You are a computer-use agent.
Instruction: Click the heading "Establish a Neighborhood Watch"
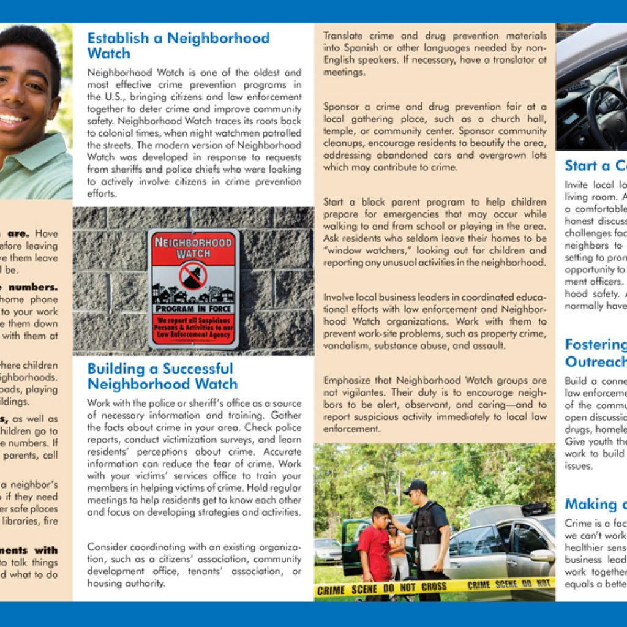[x=178, y=45]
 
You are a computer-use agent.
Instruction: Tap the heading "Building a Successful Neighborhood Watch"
[x=162, y=377]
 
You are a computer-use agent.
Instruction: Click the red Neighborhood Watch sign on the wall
[x=193, y=288]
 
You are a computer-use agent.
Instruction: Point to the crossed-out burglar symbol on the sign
[x=193, y=276]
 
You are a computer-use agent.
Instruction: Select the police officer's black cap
[x=416, y=487]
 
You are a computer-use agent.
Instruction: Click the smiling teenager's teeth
[x=14, y=118]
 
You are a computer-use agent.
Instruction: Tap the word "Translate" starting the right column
[x=344, y=36]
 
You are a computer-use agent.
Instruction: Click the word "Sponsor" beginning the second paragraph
[x=343, y=107]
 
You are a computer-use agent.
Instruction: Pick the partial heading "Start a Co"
[x=595, y=166]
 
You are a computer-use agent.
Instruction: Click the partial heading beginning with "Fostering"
[x=595, y=345]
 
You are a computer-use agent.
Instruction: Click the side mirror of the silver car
[x=542, y=556]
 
